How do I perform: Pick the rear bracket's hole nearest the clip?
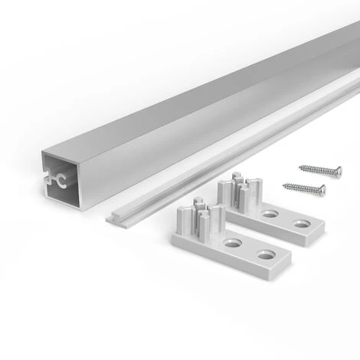click(x=270, y=214)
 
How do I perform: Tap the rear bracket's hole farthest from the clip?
click(x=302, y=224)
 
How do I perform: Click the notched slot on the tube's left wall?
click(x=48, y=181)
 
